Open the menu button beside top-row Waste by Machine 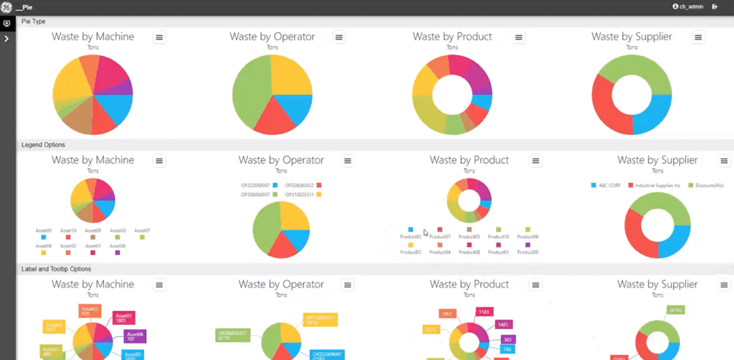(159, 37)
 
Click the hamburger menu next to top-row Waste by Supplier (697, 37)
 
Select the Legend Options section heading (44, 145)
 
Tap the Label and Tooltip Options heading (57, 269)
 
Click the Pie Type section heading (33, 22)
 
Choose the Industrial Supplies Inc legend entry (654, 185)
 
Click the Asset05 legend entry (44, 233)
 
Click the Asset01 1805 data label (124, 318)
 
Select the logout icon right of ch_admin (715, 6)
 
